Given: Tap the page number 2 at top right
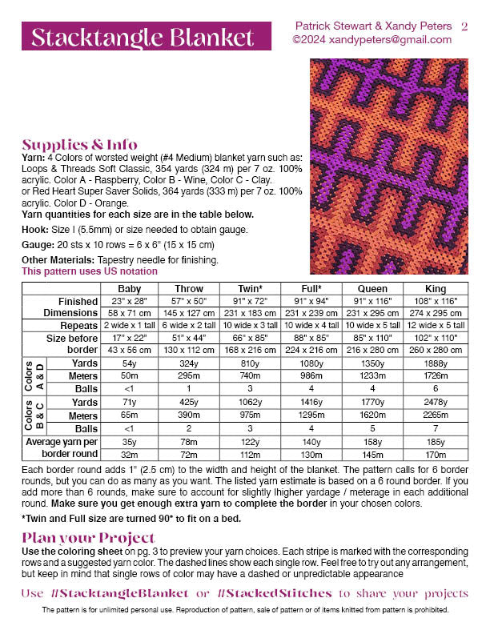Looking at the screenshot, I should pyautogui.click(x=465, y=26).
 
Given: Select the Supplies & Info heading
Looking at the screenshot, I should pyautogui.click(x=79, y=145).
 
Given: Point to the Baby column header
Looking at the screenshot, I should pyautogui.click(x=129, y=289).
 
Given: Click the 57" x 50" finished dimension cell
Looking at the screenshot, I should pyautogui.click(x=189, y=302).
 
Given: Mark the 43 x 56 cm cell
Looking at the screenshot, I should pyautogui.click(x=129, y=351).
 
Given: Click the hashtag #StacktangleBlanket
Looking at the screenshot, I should pyautogui.click(x=118, y=593).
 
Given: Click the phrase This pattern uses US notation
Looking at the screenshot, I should pyautogui.click(x=90, y=271).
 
